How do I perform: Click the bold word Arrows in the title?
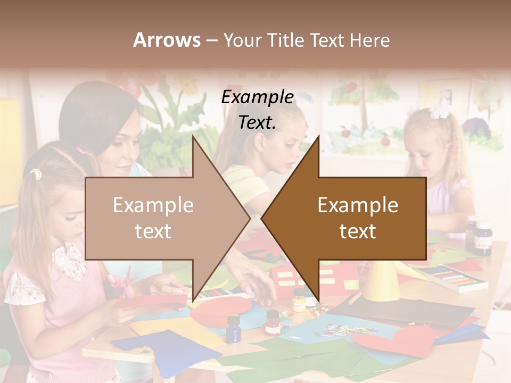tap(167, 40)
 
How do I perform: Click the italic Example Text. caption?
tap(258, 110)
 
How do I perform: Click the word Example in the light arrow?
tap(153, 205)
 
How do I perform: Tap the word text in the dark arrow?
tap(358, 231)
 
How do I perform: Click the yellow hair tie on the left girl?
tap(35, 173)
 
